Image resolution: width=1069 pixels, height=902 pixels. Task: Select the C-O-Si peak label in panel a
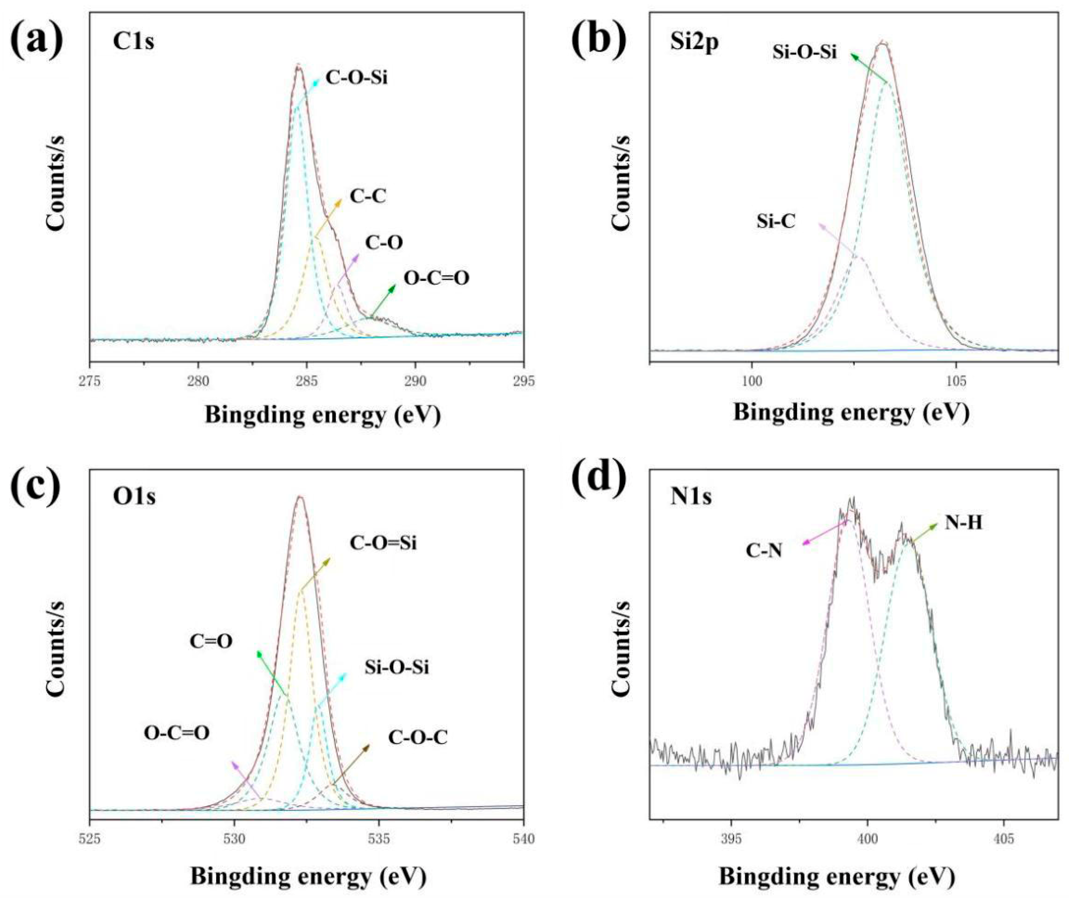(356, 78)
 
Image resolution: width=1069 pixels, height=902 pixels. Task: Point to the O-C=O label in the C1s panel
(436, 278)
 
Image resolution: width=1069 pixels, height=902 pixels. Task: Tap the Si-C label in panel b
(776, 222)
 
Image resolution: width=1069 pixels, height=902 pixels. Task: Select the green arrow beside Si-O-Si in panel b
(869, 67)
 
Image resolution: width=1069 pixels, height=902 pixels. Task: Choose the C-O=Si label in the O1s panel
(383, 543)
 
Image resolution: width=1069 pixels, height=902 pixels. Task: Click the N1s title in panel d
(691, 496)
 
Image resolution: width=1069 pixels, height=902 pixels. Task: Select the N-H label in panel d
(963, 523)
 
